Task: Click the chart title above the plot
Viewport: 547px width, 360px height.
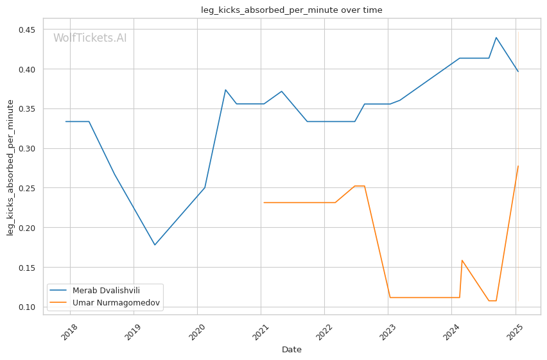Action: pos(291,10)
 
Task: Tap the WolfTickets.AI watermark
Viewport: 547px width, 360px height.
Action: pos(90,39)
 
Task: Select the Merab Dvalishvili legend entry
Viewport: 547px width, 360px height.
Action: pos(107,290)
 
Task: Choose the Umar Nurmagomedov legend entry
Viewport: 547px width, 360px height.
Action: pos(116,302)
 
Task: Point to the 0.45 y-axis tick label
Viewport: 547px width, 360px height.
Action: pos(26,30)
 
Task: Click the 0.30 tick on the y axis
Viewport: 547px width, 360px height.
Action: pos(26,148)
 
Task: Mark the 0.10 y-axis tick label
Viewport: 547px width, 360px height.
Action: pos(26,307)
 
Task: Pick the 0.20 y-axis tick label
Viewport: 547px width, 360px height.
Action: pos(26,228)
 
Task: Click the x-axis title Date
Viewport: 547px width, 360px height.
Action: pos(291,350)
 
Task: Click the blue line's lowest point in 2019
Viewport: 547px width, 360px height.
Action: pos(155,244)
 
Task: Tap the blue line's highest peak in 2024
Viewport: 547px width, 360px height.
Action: pos(496,37)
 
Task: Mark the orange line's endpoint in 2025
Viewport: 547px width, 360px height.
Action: pos(518,166)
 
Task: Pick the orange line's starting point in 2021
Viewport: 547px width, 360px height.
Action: pos(264,203)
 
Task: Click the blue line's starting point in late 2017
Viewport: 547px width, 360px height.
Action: pos(65,121)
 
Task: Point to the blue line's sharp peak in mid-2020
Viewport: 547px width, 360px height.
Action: pos(225,90)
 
